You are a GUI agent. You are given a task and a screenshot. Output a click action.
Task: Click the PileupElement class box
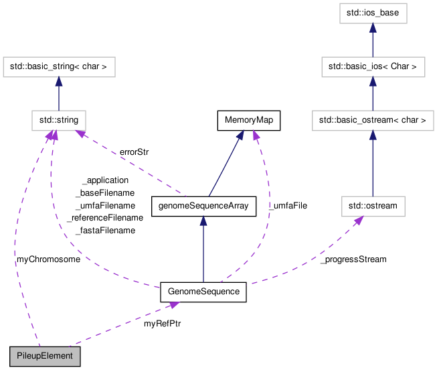coord(45,356)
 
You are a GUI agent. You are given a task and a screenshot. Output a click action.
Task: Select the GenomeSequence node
coord(203,293)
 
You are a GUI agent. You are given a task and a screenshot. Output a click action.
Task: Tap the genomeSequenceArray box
coord(203,206)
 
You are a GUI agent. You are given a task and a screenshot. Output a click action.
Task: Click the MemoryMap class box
coord(248,121)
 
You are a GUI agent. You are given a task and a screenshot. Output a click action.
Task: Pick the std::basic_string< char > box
coord(60,67)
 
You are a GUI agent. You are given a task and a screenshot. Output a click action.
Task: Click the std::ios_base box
coord(373,13)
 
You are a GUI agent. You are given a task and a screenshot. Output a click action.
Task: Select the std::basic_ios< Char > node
coord(373,67)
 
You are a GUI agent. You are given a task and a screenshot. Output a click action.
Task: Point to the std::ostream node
coord(373,206)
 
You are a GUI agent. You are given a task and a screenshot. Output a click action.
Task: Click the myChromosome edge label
coord(48,259)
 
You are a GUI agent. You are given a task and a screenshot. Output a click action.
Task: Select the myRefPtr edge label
coord(162,324)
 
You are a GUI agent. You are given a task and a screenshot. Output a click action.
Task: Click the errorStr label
coord(134,152)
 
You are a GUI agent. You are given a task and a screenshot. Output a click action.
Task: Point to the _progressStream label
coord(353,259)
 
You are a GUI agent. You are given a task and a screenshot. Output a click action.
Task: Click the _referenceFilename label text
coord(104,218)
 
